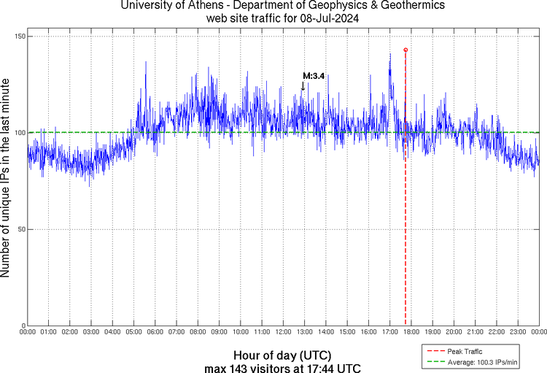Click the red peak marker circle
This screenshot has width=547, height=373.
(406, 50)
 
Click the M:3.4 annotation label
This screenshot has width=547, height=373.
(314, 76)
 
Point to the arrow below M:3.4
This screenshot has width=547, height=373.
(303, 86)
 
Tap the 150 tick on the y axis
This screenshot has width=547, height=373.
(19, 36)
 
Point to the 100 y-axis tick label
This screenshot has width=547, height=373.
(19, 133)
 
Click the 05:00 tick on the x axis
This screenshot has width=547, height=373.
(134, 333)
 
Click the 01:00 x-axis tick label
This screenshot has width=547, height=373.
(49, 333)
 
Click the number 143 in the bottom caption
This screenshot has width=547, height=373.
(237, 367)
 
